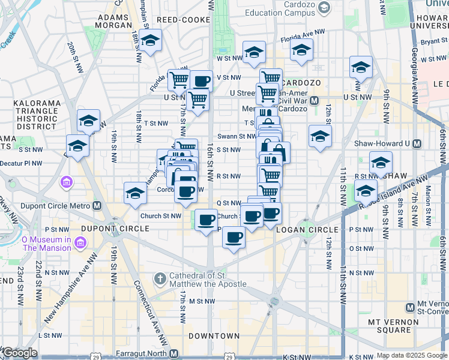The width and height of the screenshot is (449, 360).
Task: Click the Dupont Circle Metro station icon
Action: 97,206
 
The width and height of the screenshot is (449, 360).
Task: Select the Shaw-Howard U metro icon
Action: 418,144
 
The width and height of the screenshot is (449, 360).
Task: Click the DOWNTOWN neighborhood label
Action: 214,336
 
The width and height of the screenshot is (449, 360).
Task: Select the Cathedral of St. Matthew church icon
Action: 159,279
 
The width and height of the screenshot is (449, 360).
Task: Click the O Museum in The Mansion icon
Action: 80,242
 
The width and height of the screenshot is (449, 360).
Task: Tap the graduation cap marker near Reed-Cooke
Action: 150,40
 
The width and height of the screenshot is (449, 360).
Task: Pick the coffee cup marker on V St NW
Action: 202,80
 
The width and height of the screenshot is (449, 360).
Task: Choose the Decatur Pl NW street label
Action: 22,163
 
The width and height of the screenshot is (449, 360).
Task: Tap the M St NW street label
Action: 202,301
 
